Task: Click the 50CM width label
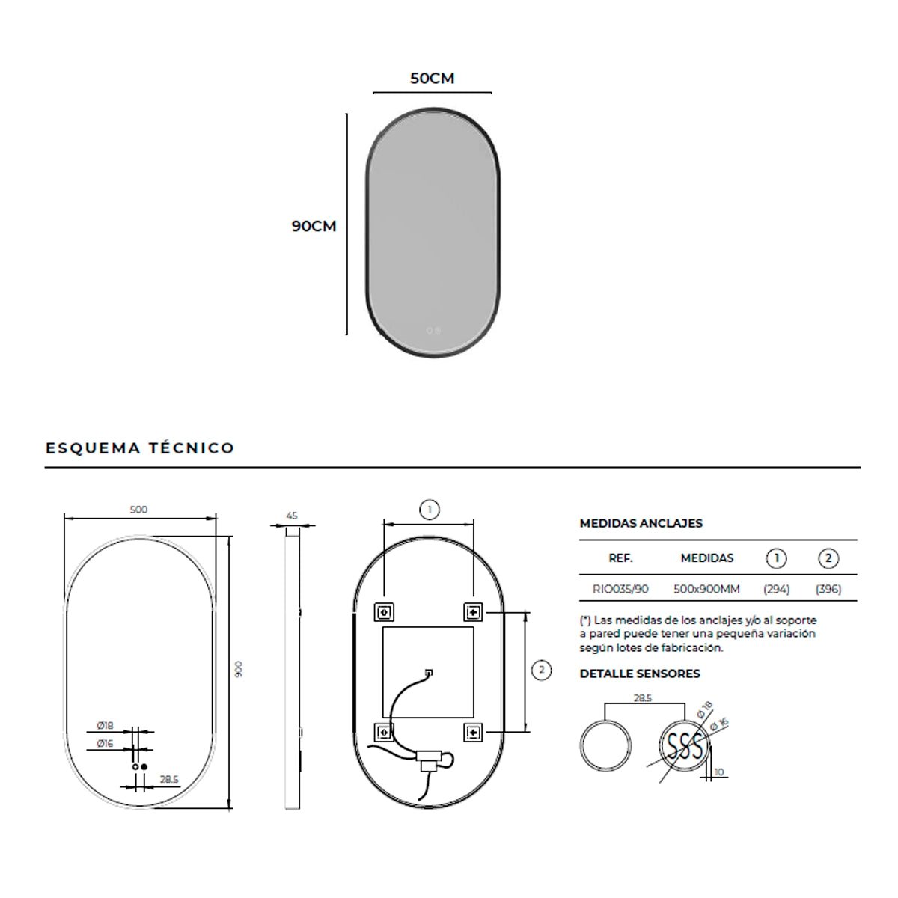(432, 78)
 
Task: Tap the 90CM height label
(314, 226)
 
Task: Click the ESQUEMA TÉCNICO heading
(140, 448)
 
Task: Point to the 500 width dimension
(138, 510)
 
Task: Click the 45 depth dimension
(292, 516)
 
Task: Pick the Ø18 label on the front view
(105, 726)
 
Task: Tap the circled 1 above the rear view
(429, 511)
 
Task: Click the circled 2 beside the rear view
(541, 670)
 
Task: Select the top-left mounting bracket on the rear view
(383, 612)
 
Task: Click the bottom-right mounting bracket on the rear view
(473, 731)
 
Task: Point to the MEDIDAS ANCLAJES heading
(641, 523)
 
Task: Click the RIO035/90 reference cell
(620, 589)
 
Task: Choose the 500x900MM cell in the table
(706, 589)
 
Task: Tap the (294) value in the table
(776, 589)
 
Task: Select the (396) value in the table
(828, 589)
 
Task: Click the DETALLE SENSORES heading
(640, 673)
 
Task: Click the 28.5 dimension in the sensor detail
(643, 697)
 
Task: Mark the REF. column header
(620, 558)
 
